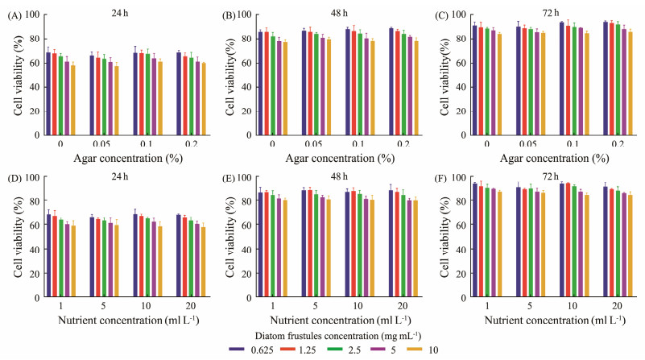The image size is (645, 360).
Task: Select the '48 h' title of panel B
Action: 323,11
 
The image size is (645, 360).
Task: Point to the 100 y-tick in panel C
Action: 463,14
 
